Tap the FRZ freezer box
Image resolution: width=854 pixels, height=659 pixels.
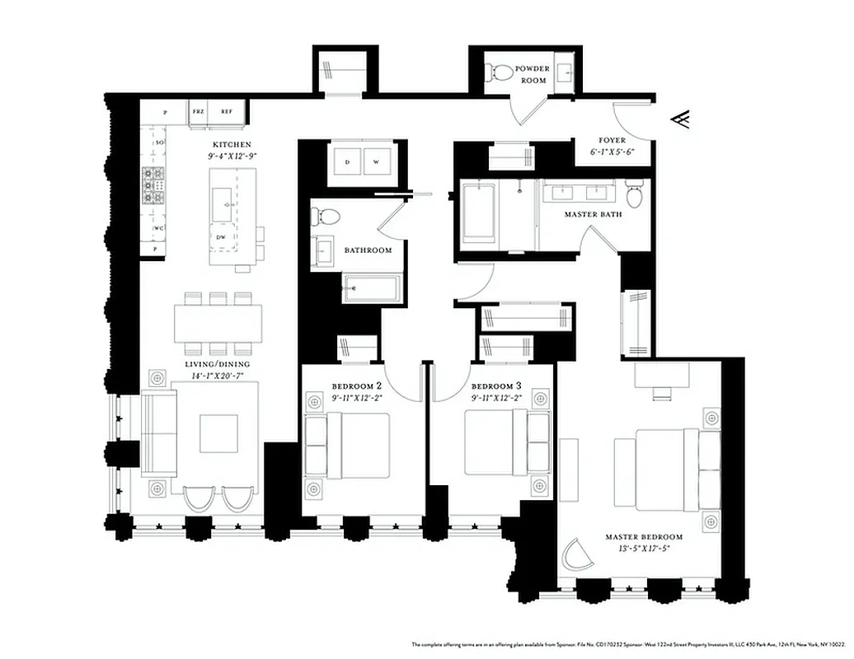click(198, 110)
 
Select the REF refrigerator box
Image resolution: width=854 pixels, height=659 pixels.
click(226, 110)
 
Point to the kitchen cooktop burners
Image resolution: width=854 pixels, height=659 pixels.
click(153, 185)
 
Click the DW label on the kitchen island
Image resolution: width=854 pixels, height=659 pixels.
click(221, 237)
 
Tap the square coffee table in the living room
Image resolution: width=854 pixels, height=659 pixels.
click(218, 432)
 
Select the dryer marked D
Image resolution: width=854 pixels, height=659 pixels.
click(347, 162)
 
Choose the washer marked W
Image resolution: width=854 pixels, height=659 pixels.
click(376, 162)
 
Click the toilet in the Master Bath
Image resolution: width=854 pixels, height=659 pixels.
click(633, 195)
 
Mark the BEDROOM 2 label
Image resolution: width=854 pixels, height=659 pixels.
click(356, 386)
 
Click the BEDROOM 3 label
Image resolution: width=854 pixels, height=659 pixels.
click(495, 386)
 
